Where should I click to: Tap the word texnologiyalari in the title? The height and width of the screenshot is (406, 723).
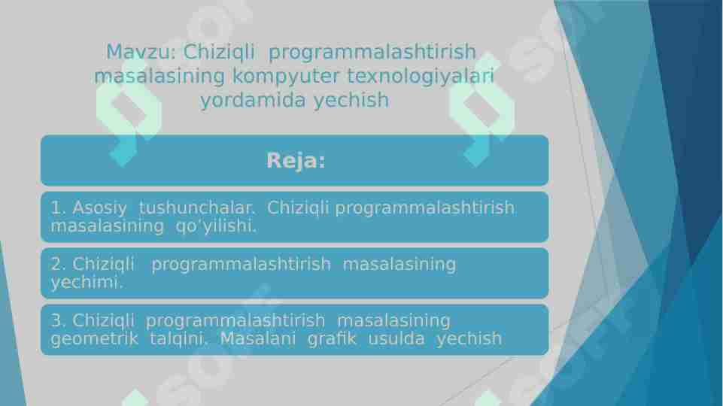click(x=421, y=76)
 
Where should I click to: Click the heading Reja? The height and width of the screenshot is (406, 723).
click(x=295, y=161)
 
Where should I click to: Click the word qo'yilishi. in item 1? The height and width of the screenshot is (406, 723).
click(x=216, y=226)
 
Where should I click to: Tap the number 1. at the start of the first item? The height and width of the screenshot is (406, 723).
click(x=59, y=208)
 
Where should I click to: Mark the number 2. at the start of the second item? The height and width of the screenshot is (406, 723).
click(x=59, y=264)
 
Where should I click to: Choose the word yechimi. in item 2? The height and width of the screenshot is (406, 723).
click(x=87, y=283)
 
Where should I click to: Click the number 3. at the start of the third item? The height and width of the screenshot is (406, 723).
click(x=59, y=320)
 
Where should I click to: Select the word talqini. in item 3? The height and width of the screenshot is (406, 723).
click(x=178, y=339)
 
